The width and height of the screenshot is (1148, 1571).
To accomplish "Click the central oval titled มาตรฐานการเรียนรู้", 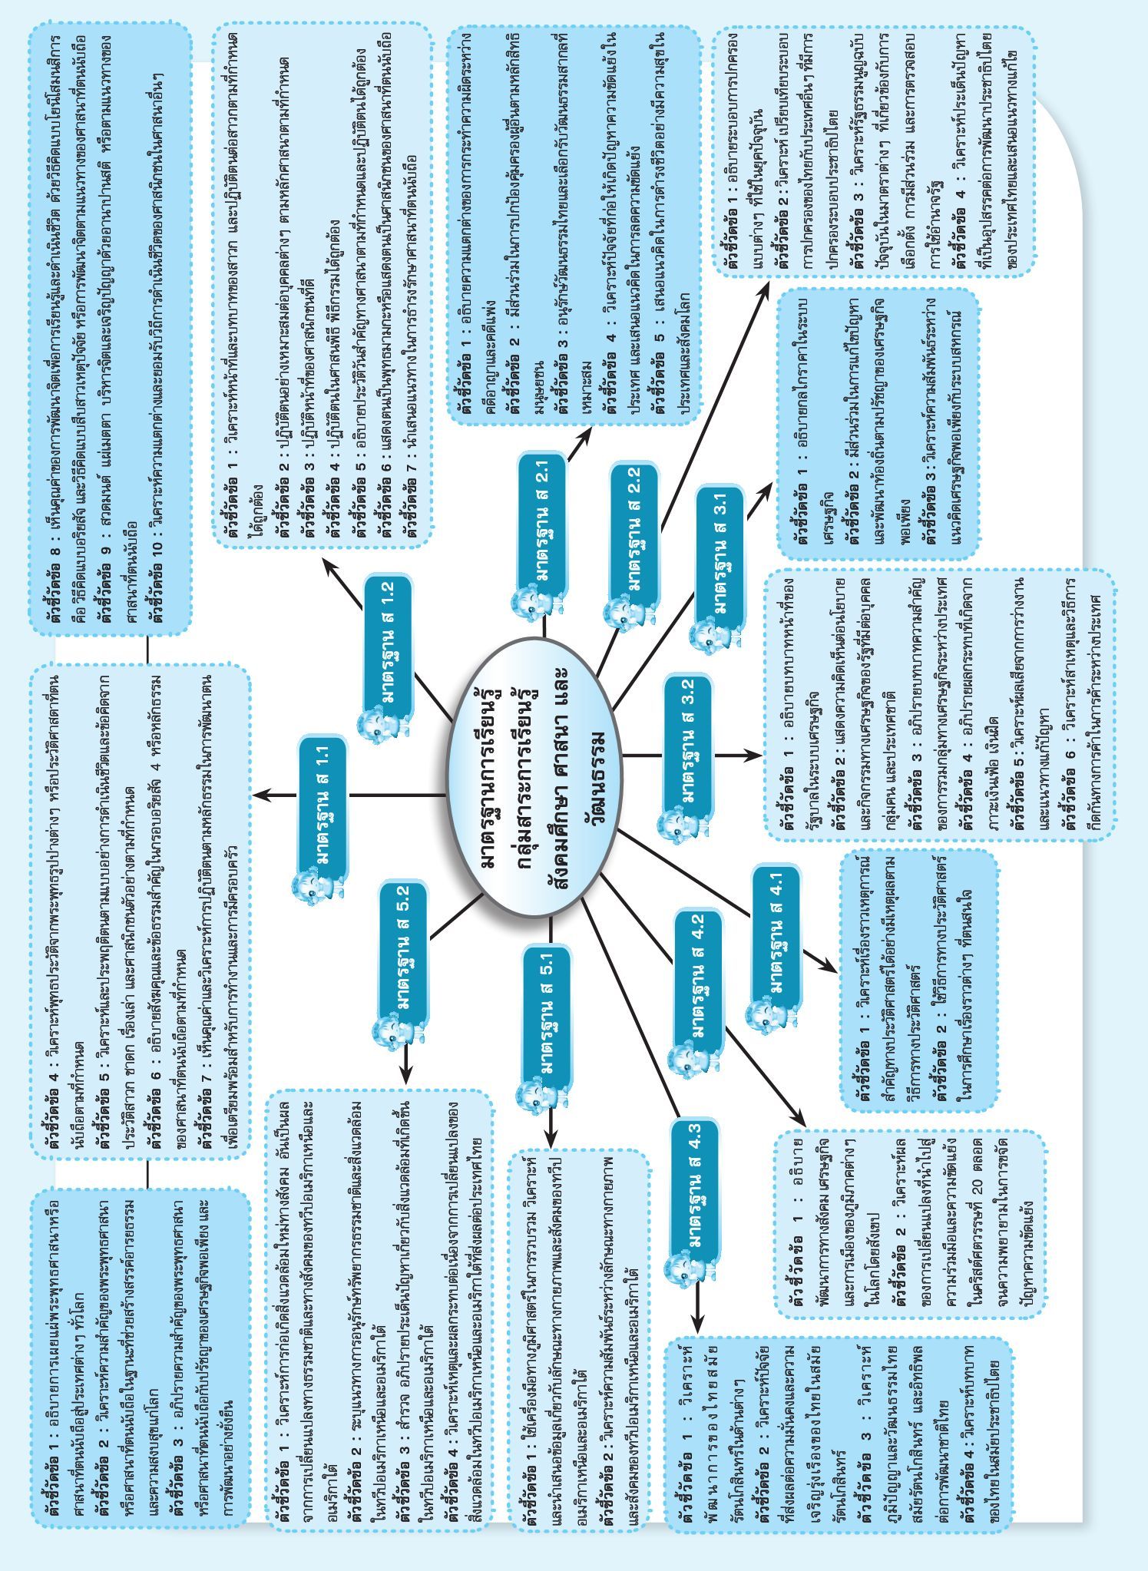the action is click(x=534, y=787).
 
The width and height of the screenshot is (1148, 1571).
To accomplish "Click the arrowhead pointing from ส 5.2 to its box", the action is click(x=405, y=1072).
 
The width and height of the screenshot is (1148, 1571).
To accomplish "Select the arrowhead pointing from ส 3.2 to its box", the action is click(x=750, y=756).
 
